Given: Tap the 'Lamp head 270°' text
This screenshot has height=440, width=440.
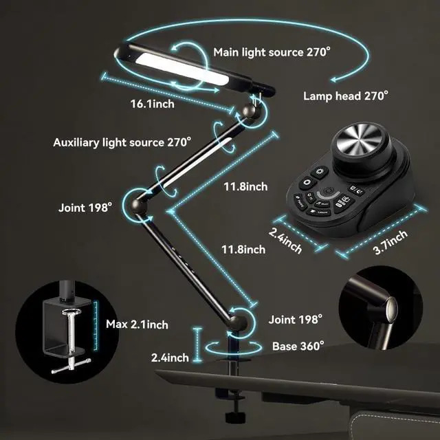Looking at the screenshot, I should pyautogui.click(x=346, y=96).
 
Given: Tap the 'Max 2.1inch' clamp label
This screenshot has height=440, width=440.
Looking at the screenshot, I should pyautogui.click(x=137, y=324).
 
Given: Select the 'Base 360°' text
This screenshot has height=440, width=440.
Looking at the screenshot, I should pyautogui.click(x=298, y=346).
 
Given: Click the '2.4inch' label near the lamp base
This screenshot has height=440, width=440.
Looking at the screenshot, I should pyautogui.click(x=170, y=357).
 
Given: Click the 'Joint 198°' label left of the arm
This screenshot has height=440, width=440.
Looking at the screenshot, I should pyautogui.click(x=85, y=206).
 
